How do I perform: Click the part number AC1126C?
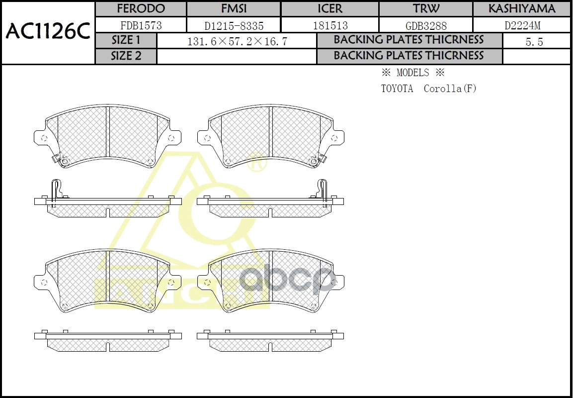click(48, 32)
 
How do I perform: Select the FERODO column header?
click(141, 9)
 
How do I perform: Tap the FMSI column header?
click(234, 9)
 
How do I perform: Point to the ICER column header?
click(330, 9)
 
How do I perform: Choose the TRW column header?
click(426, 9)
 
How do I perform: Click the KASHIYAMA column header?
click(521, 9)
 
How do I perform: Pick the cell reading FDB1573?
click(141, 25)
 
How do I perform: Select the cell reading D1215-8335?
click(234, 25)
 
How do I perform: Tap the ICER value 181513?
click(330, 25)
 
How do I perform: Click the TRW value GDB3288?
click(426, 25)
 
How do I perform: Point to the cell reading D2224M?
click(521, 25)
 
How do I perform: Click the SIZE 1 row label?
click(126, 41)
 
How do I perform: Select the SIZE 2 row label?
click(126, 56)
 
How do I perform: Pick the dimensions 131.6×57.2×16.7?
click(237, 42)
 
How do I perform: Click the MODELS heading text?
click(412, 73)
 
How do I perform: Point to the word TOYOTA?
click(397, 89)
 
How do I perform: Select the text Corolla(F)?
click(450, 89)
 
